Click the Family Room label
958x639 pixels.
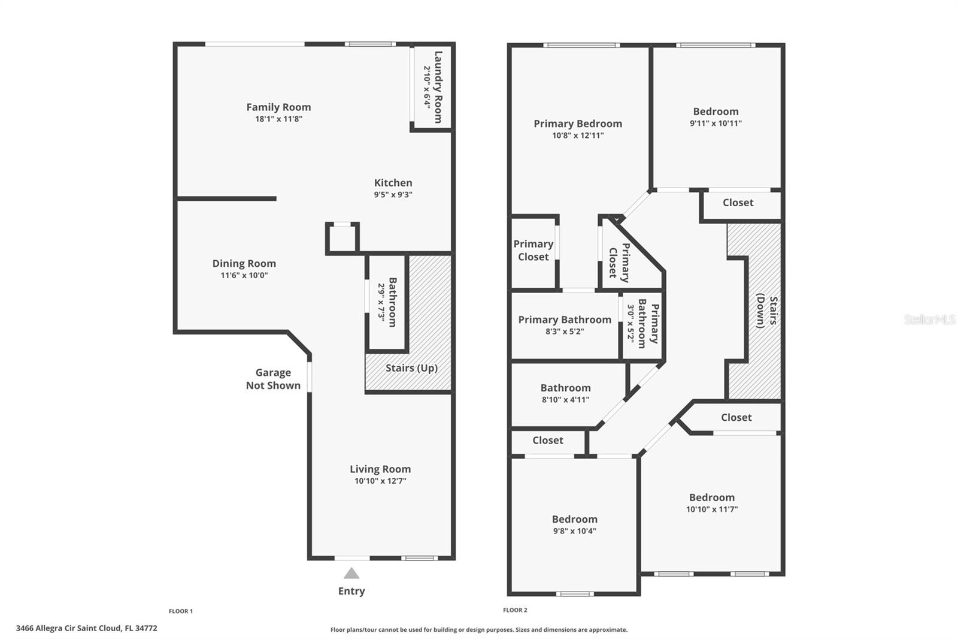278,107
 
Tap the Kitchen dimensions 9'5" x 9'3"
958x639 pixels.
393,194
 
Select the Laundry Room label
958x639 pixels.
438,87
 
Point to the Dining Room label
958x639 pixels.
244,263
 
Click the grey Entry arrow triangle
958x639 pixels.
351,573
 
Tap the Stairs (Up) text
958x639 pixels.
411,368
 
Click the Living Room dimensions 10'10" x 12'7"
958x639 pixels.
380,481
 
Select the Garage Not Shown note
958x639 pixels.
273,379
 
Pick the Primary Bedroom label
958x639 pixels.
578,123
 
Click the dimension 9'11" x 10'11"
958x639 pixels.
716,123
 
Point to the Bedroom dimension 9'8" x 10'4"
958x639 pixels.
574,531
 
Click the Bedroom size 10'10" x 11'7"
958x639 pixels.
712,510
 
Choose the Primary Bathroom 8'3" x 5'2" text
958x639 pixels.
565,325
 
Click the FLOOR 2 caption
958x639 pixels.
515,610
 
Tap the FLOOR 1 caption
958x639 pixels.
181,611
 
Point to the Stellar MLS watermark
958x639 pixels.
930,319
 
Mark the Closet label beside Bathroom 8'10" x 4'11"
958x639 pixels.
547,440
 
